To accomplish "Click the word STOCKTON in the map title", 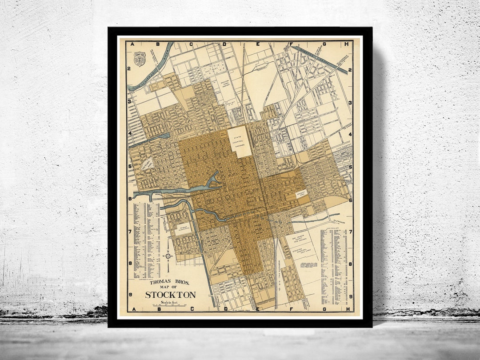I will click(170, 295).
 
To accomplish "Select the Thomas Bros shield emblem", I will click(140, 59).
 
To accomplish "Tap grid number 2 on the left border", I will click(128, 68).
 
